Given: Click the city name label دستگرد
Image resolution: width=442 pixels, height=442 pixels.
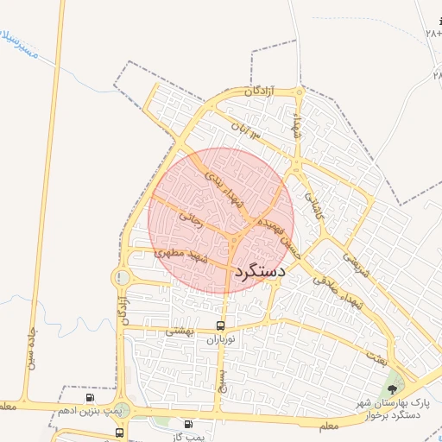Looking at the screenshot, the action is (x=259, y=271).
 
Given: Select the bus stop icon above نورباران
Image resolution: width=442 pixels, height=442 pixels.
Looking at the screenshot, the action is (x=221, y=326).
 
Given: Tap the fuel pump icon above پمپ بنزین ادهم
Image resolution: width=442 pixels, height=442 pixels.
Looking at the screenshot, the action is (x=90, y=397).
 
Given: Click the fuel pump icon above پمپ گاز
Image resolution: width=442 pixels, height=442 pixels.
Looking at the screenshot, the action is (x=188, y=424).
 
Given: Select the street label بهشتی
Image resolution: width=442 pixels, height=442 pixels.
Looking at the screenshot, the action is (x=182, y=331).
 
